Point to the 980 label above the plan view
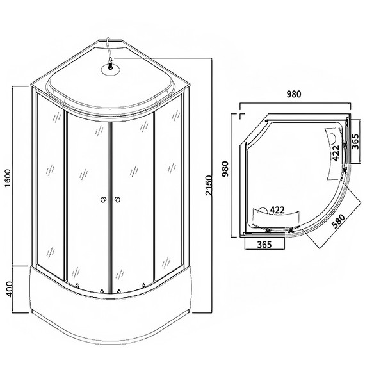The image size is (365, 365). pyautogui.click(x=294, y=94)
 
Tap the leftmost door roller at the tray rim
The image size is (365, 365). pyautogui.click(x=75, y=288)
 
